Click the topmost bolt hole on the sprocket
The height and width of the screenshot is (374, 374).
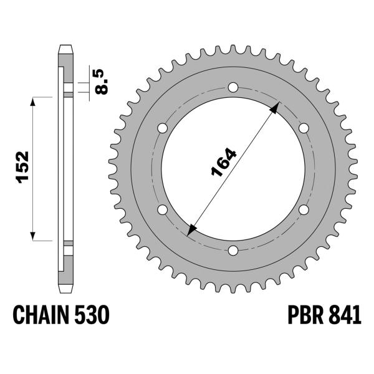point(233,87)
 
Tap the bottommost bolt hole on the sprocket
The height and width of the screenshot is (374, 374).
point(233,251)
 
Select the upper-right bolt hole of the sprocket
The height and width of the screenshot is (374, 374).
point(304,128)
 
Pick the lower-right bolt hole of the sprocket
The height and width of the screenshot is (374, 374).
point(304,209)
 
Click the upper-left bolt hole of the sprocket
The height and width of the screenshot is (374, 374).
point(163,128)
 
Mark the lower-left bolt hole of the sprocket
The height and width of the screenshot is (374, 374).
point(163,209)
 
